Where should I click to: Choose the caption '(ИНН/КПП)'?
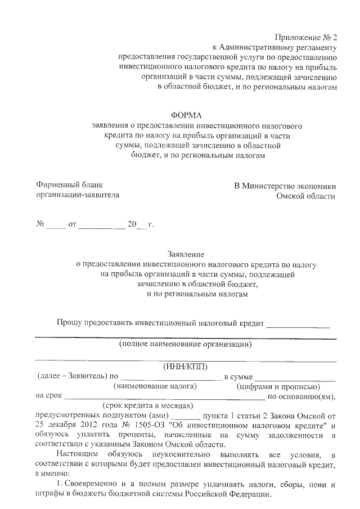pyautogui.click(x=185, y=366)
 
